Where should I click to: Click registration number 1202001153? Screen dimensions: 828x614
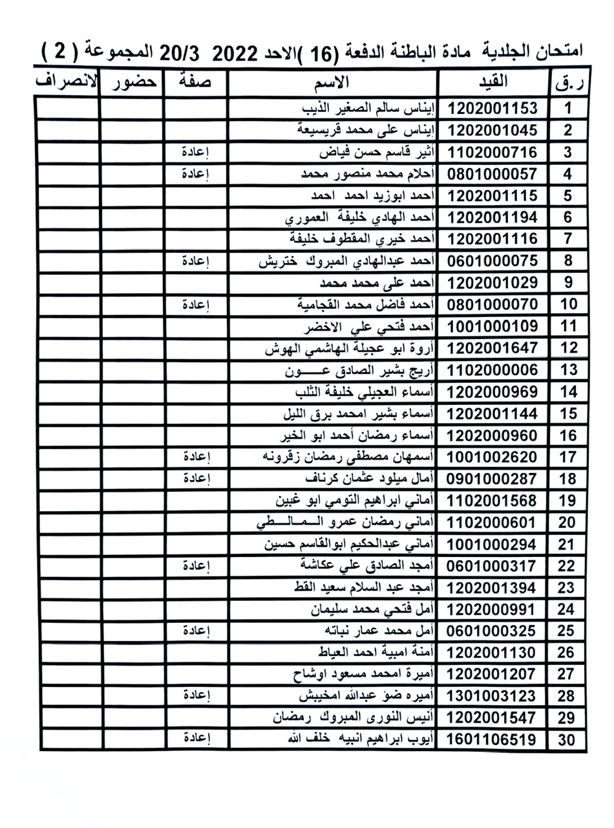(492, 108)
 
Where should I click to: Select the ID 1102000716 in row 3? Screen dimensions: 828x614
(492, 153)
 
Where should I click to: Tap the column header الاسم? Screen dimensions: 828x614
(334, 82)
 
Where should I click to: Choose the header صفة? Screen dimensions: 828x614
(195, 83)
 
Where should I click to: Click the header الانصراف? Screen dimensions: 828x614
(67, 82)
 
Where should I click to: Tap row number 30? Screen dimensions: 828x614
(566, 739)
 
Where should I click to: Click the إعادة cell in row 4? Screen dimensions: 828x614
(195, 173)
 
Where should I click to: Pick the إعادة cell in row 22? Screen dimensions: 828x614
(195, 565)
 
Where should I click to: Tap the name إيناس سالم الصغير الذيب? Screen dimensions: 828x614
(369, 108)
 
